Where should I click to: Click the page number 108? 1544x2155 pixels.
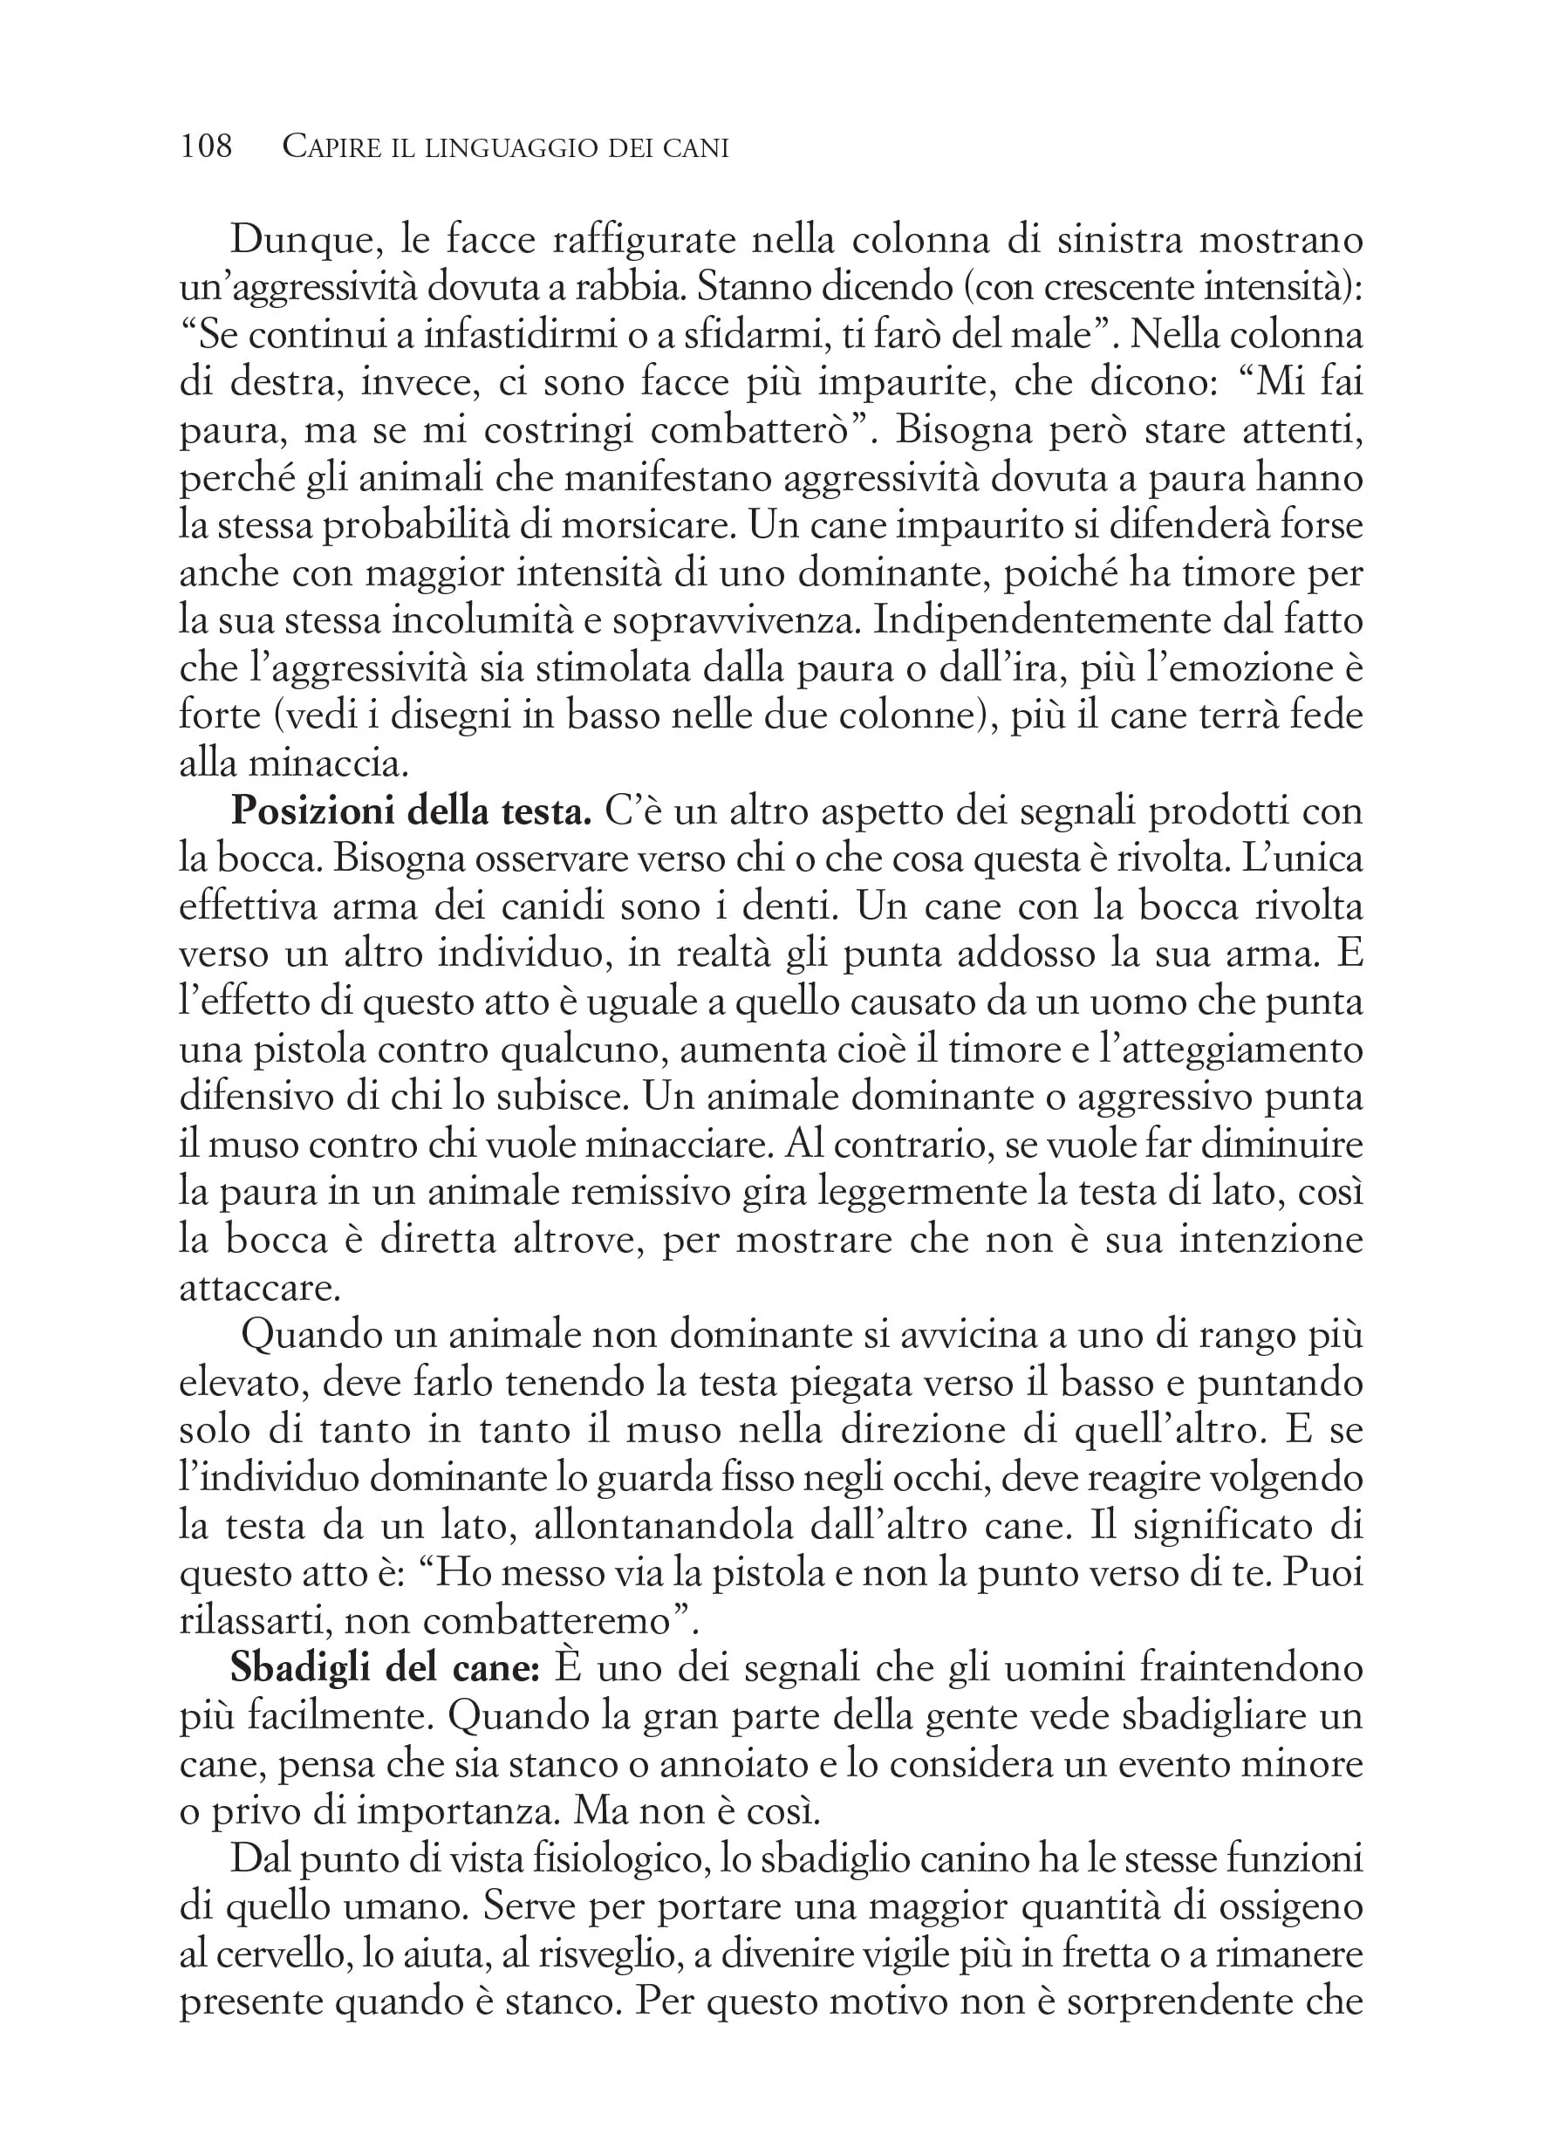pyautogui.click(x=206, y=147)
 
